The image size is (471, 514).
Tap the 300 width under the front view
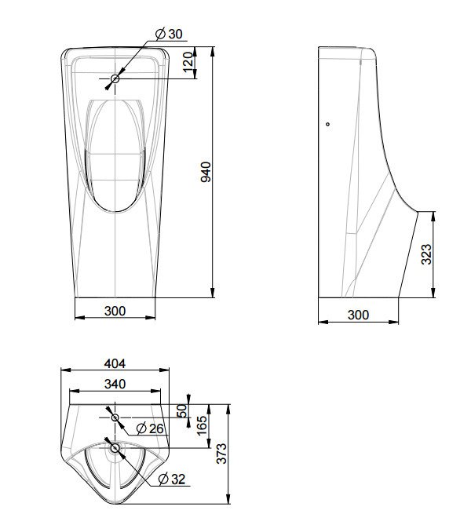[x=115, y=311]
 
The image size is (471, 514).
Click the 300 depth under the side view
[x=357, y=314]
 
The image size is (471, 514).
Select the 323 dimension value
[x=425, y=255]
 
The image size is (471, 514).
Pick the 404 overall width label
[x=115, y=364]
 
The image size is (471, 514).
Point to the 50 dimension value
[x=182, y=411]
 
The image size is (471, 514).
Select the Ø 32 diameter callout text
[x=173, y=479]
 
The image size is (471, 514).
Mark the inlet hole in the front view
[x=115, y=78]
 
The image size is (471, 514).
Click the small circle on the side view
[x=328, y=124]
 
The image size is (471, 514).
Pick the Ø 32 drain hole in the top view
[x=115, y=447]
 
